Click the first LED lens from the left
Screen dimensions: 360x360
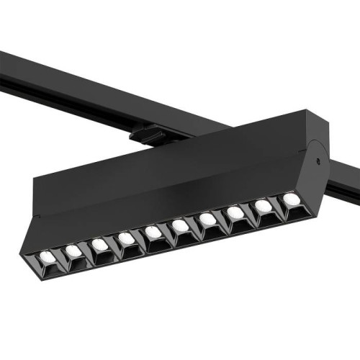tap(44, 256)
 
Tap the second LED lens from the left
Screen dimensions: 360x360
tap(73, 251)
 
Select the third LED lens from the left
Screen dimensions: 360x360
tap(100, 245)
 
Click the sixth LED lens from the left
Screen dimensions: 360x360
tap(180, 226)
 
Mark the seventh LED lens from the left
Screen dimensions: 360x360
tap(207, 219)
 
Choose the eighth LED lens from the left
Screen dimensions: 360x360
tap(235, 212)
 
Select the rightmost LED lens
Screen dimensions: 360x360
tap(290, 198)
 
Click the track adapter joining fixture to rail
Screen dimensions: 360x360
tap(148, 134)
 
